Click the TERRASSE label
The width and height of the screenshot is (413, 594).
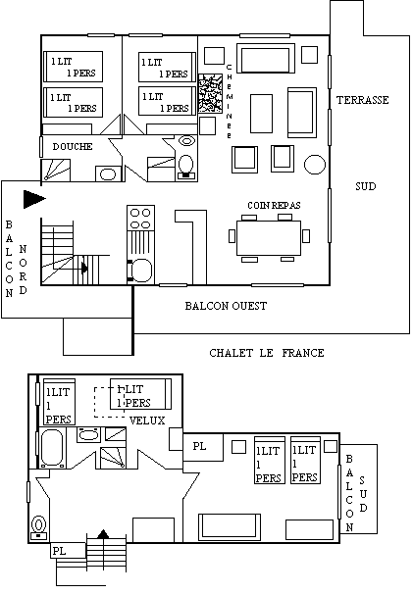[363, 100]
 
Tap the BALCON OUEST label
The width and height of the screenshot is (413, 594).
[226, 306]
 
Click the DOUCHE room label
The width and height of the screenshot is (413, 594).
[73, 147]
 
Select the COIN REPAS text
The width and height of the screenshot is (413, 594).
[274, 205]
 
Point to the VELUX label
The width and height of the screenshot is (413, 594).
[147, 421]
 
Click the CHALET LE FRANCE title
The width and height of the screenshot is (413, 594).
[267, 353]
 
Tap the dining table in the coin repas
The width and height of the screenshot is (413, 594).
[269, 238]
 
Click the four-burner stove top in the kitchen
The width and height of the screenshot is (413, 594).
[140, 218]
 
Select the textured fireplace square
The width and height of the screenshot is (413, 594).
[210, 93]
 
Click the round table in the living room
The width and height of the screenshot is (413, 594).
[315, 165]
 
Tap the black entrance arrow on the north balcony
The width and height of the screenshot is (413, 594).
[34, 199]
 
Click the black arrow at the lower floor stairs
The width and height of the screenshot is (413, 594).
[103, 534]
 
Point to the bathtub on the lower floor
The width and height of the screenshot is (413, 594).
[52, 447]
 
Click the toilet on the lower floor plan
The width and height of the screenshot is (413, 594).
[38, 527]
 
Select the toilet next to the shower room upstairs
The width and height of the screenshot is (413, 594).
[185, 167]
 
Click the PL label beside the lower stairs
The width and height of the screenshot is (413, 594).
[59, 551]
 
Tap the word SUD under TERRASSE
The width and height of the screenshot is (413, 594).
[366, 186]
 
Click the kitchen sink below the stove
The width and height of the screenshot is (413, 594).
[141, 271]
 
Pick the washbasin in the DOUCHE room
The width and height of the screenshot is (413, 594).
[108, 174]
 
